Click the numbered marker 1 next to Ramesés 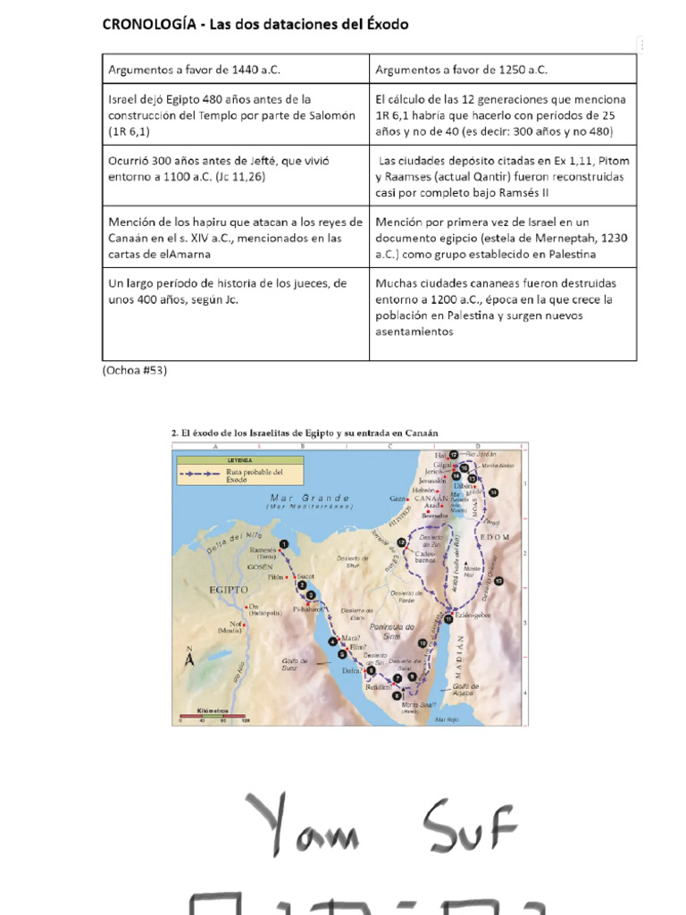(x=284, y=543)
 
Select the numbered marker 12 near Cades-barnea (x=402, y=542)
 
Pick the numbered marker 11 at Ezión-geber (x=448, y=618)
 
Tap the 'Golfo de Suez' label (x=296, y=663)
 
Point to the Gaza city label (x=397, y=498)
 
